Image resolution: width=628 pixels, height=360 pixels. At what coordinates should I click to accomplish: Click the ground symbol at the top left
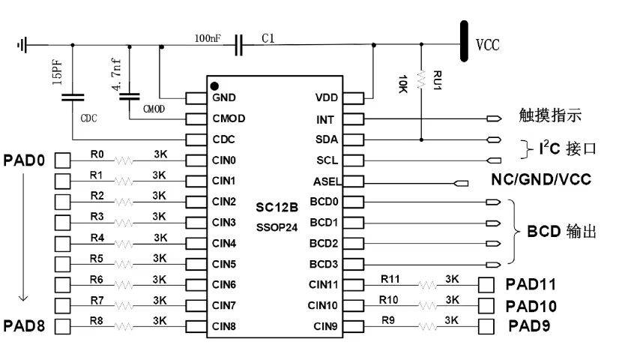tap(22, 45)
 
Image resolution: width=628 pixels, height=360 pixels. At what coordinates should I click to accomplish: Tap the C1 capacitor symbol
tap(238, 45)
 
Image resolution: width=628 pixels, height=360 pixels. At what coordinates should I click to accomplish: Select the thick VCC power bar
tap(464, 41)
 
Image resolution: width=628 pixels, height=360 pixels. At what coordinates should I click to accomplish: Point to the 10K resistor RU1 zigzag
tap(421, 79)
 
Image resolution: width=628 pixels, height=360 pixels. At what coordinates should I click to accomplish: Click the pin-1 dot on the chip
tap(214, 85)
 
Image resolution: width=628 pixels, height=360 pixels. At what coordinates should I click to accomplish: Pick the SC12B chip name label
tap(277, 207)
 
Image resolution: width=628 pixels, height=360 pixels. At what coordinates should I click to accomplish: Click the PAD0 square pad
tap(62, 160)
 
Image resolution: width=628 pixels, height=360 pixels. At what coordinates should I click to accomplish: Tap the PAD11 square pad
tap(486, 285)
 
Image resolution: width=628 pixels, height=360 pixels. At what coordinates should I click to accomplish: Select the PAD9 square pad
tap(486, 326)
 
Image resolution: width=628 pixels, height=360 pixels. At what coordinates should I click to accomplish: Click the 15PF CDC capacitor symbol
tap(73, 97)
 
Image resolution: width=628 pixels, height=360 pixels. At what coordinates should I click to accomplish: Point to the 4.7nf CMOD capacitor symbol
tap(130, 96)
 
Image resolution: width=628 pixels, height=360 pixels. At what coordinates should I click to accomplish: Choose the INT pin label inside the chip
tap(324, 119)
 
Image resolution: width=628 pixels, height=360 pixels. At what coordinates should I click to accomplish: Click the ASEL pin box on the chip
tap(353, 181)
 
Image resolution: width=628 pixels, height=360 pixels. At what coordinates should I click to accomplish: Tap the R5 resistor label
tap(97, 259)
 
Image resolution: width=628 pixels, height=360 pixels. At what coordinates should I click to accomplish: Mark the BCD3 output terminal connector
tap(493, 264)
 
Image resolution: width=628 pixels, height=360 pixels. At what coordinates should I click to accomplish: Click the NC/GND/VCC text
tap(541, 179)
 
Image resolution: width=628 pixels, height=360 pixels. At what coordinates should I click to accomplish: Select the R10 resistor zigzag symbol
tap(428, 305)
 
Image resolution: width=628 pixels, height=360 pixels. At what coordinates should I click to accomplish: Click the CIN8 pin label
tap(223, 326)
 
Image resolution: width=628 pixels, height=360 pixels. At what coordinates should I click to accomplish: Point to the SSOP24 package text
tap(277, 228)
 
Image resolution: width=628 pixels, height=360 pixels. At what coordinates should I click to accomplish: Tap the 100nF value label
tap(208, 38)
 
